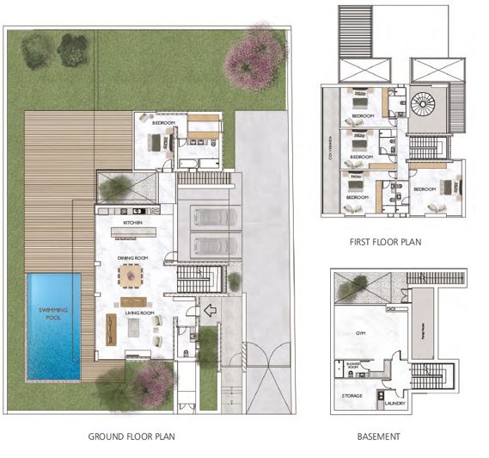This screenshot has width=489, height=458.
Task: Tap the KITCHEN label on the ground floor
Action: coord(132,223)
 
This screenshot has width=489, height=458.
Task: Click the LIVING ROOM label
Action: coord(138,313)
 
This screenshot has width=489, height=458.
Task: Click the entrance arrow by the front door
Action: coord(211,312)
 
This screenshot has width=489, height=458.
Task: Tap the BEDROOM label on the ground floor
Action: coord(163,124)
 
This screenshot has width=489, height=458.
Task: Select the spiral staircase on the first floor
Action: coord(423,107)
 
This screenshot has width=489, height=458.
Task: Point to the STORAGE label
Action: coord(351,396)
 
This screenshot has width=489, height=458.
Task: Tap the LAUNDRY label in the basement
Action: coord(396,401)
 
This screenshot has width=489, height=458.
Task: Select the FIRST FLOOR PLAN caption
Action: coord(386,244)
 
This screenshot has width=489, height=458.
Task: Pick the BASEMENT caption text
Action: coord(379,436)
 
